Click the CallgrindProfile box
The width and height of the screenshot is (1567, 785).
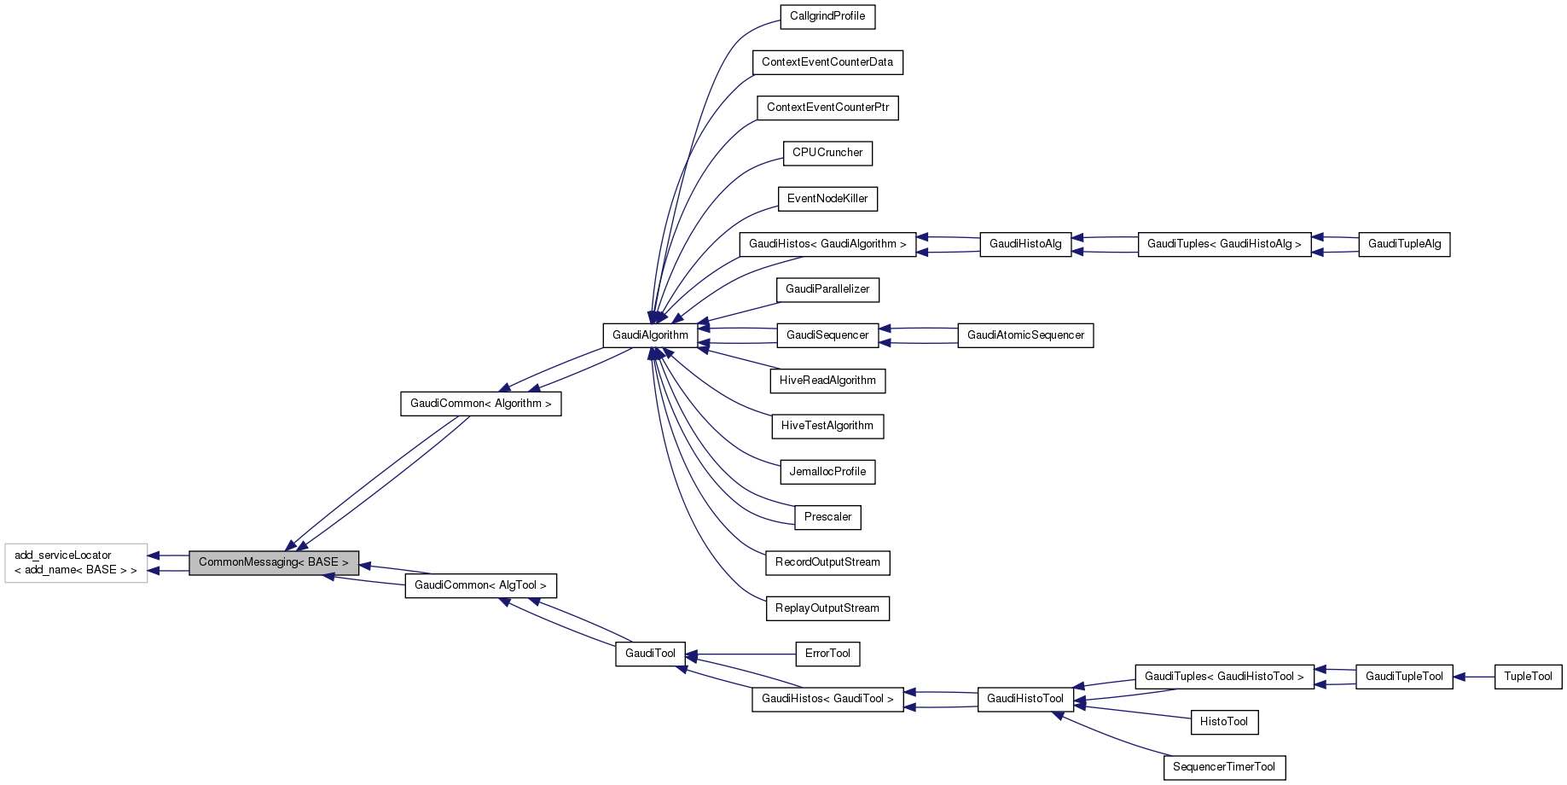[827, 16]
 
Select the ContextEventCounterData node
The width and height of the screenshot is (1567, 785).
[827, 62]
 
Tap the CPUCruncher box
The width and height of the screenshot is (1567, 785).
[827, 153]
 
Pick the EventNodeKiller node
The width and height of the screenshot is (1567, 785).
[827, 199]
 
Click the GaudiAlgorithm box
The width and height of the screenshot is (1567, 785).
[650, 335]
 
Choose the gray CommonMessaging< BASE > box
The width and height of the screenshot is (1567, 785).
[273, 562]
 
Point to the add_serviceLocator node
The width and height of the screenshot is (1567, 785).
[76, 562]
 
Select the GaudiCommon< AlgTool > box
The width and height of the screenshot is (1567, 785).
[480, 585]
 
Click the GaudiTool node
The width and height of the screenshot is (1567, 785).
[650, 654]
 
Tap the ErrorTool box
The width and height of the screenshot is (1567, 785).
[827, 654]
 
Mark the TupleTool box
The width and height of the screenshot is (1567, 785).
[1528, 677]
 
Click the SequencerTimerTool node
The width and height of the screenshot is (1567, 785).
[1223, 767]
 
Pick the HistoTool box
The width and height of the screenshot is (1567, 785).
[1223, 722]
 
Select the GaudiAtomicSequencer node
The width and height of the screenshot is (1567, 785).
[1025, 335]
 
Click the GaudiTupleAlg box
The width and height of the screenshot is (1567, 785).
[1404, 244]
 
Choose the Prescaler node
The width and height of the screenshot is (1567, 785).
[827, 517]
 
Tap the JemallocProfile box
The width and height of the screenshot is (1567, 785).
[827, 472]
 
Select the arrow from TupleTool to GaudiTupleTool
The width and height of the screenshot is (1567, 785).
[1473, 677]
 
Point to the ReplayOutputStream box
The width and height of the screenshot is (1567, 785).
[827, 608]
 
